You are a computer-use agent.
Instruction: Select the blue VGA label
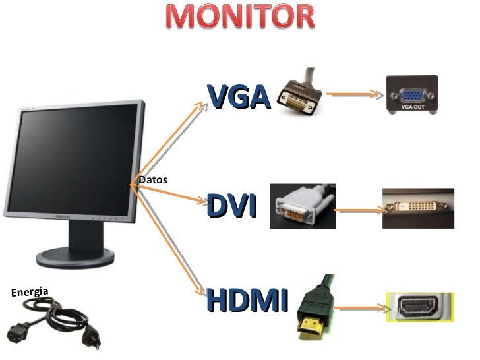point(239,97)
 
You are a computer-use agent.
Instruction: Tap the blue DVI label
point(231,206)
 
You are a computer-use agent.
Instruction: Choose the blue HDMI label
point(247,299)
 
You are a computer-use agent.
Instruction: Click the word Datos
point(153,180)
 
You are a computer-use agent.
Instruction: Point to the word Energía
point(30,292)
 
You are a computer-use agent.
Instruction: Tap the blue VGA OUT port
point(412,96)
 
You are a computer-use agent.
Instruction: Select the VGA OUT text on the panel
point(413,107)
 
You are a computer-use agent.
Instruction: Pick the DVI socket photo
point(418,208)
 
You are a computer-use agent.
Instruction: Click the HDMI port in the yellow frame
point(418,307)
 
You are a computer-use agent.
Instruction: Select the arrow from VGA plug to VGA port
point(355,94)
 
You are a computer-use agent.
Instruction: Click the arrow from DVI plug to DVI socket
point(359,210)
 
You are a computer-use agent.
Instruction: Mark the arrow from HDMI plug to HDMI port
point(361,308)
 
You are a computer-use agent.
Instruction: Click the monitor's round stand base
point(75,258)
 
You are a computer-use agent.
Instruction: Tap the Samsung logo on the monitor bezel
point(63,216)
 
